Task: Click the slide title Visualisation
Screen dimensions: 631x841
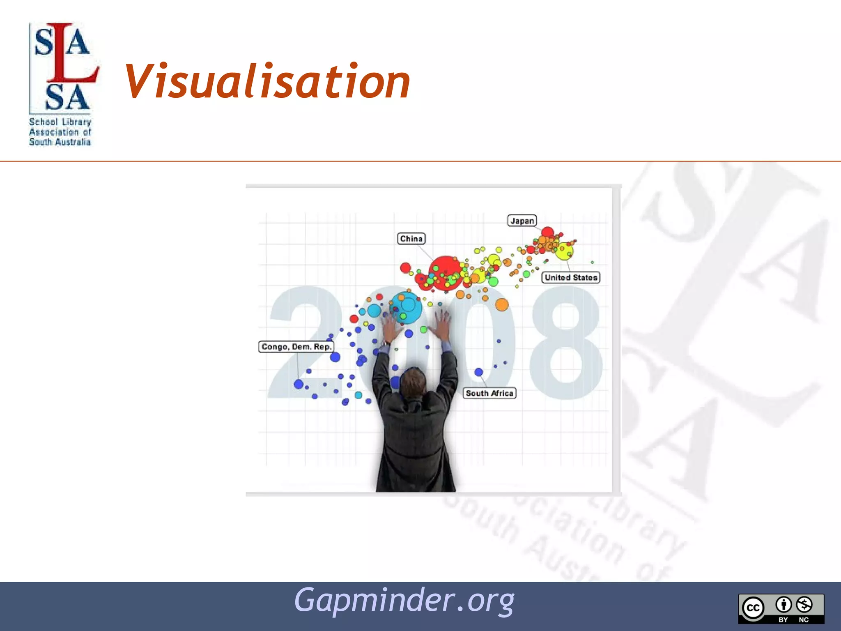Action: pyautogui.click(x=267, y=82)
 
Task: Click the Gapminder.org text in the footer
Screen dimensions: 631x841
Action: pyautogui.click(x=404, y=601)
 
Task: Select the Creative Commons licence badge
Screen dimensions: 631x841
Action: pyautogui.click(x=781, y=608)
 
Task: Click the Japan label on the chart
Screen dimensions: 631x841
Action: pyautogui.click(x=522, y=221)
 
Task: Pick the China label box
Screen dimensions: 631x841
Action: pyautogui.click(x=411, y=239)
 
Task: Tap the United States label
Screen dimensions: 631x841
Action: pyautogui.click(x=571, y=278)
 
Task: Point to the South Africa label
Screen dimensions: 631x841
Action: pyautogui.click(x=489, y=393)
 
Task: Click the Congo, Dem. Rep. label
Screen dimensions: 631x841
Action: pyautogui.click(x=296, y=347)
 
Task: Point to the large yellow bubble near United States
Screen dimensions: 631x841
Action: pyautogui.click(x=565, y=251)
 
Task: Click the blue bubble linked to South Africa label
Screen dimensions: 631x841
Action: pyautogui.click(x=479, y=372)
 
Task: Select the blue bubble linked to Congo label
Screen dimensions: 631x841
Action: pyautogui.click(x=299, y=385)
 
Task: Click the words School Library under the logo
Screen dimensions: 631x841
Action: pyautogui.click(x=60, y=122)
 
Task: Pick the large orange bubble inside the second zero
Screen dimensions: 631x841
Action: pyautogui.click(x=502, y=305)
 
